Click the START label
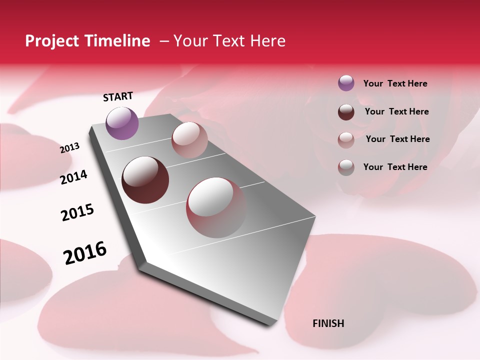(118, 96)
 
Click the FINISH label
(328, 323)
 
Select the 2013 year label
(69, 147)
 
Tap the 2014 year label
(73, 177)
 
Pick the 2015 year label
(77, 212)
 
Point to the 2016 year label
(85, 252)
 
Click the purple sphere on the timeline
(122, 123)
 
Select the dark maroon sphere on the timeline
(145, 180)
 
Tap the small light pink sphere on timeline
(189, 140)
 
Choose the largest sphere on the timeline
(216, 207)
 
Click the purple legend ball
(346, 83)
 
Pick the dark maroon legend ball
(346, 111)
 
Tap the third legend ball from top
(346, 139)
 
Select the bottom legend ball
(346, 167)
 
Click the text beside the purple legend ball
(395, 83)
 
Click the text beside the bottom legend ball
(395, 167)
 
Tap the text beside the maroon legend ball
(396, 111)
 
